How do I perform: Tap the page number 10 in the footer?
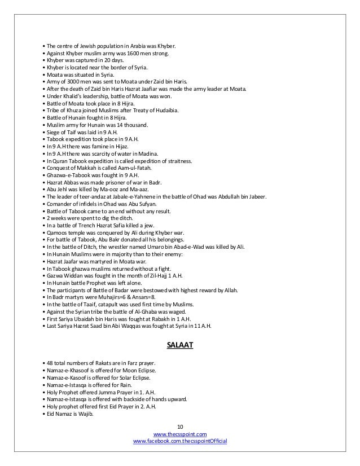179,426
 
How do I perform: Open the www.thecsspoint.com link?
179,433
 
